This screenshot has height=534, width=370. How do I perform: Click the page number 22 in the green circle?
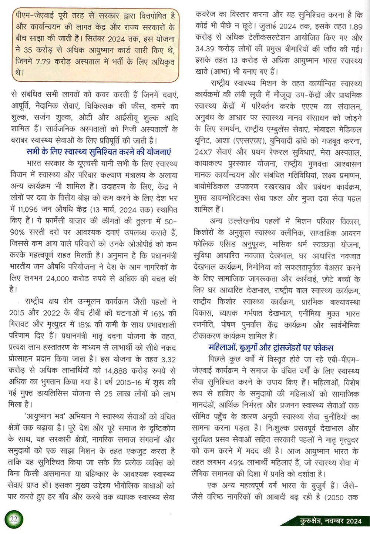click(x=14, y=519)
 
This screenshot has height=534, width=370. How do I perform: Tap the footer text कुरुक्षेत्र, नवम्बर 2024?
click(x=331, y=521)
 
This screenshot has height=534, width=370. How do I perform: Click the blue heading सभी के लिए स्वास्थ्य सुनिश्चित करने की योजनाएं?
click(x=99, y=152)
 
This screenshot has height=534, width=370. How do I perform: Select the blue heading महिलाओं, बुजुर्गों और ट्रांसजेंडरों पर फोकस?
click(x=271, y=347)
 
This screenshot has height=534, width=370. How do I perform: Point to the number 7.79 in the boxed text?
click(x=43, y=61)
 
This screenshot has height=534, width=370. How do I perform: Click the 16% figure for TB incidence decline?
click(x=157, y=313)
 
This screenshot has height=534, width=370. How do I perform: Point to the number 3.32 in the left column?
click(x=168, y=359)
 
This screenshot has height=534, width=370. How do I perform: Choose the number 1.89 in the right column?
click(x=356, y=27)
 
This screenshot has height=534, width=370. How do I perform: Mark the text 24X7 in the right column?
click(x=205, y=152)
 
